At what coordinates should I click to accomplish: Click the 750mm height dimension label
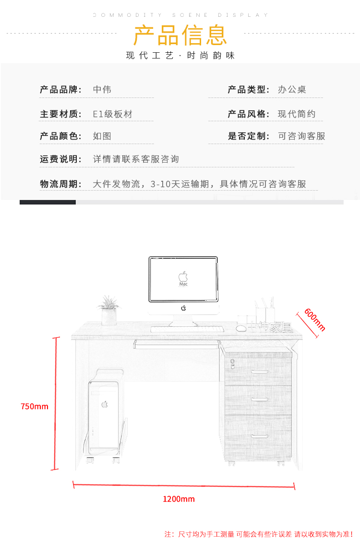click(35, 406)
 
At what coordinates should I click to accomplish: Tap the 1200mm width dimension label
click(179, 499)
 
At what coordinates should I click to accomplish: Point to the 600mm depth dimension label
click(315, 319)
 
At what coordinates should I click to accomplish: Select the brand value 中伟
click(102, 89)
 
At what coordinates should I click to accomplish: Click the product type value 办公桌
click(292, 89)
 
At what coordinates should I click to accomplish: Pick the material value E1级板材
click(112, 114)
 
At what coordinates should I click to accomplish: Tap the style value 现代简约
click(297, 114)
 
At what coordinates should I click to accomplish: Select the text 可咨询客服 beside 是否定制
click(301, 136)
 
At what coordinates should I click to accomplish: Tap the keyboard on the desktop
click(187, 329)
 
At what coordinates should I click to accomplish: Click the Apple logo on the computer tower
click(104, 404)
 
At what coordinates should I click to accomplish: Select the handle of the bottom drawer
click(260, 435)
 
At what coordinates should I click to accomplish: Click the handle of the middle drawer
click(260, 399)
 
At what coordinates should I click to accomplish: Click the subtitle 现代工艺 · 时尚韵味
click(180, 56)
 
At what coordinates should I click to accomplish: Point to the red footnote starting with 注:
click(258, 534)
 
